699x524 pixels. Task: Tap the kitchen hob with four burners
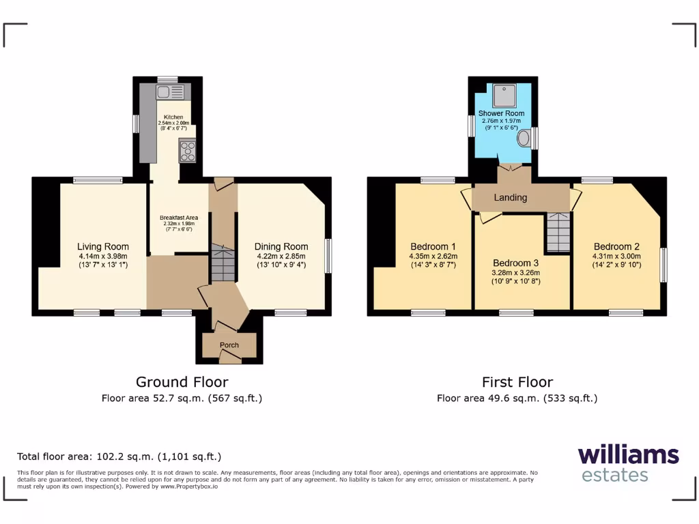(187, 150)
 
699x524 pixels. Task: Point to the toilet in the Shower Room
(524, 139)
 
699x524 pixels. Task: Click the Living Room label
(102, 247)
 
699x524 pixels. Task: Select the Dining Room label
(281, 247)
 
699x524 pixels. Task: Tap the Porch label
(229, 345)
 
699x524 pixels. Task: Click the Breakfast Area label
(179, 219)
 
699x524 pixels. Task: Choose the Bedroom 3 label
(516, 263)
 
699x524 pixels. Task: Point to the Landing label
(511, 198)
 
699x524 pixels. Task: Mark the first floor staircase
(558, 232)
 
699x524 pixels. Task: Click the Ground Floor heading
(182, 382)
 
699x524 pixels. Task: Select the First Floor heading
(517, 382)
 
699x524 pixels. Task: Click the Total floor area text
(119, 456)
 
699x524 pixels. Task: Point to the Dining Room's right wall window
(328, 256)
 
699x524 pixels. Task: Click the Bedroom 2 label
(616, 247)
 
